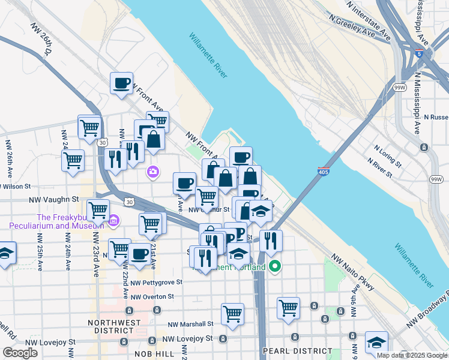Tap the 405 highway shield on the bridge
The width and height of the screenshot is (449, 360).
pos(324,172)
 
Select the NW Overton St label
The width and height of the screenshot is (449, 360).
pos(152,296)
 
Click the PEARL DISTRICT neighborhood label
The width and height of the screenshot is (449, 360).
pos(297,350)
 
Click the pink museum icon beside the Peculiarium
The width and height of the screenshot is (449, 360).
pos(113,221)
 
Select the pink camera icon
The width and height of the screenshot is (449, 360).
pos(153,172)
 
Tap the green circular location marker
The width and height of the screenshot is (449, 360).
pos(275,266)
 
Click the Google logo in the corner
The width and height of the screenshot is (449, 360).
pos(20,353)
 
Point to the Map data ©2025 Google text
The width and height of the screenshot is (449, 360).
pos(412,355)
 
